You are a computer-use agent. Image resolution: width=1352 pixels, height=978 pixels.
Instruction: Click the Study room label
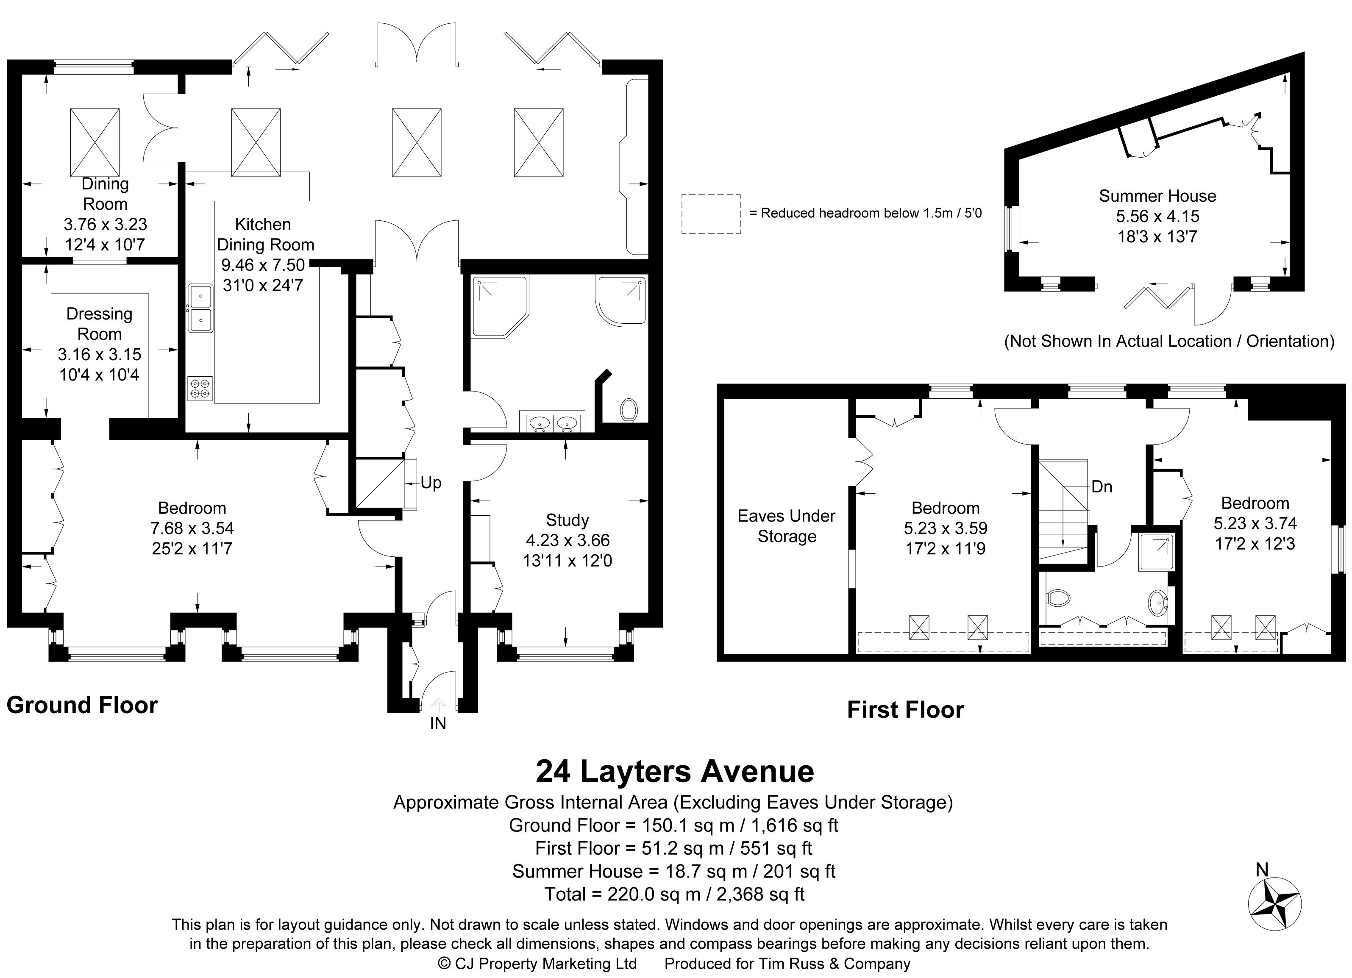(x=567, y=520)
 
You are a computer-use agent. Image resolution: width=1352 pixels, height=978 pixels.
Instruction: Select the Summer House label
(x=1157, y=196)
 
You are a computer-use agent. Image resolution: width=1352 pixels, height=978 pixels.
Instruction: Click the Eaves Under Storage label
(x=786, y=525)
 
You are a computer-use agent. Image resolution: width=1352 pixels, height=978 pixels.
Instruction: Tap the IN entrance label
(x=438, y=723)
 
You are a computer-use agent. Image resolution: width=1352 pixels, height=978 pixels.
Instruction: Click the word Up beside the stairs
(x=431, y=483)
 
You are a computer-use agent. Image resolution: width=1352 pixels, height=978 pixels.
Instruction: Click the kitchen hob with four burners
(x=201, y=389)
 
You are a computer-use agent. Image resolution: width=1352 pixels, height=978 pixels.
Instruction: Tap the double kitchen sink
(x=201, y=308)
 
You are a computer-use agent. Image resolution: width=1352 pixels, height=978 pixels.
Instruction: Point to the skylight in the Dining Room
(x=95, y=142)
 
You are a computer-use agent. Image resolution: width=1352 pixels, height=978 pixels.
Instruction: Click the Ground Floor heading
(x=82, y=705)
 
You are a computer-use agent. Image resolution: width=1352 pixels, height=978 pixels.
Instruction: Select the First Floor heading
(x=906, y=710)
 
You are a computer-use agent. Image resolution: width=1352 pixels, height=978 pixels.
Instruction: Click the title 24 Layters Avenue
(x=675, y=771)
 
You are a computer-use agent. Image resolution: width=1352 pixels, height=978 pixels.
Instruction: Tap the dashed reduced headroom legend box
(x=711, y=214)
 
